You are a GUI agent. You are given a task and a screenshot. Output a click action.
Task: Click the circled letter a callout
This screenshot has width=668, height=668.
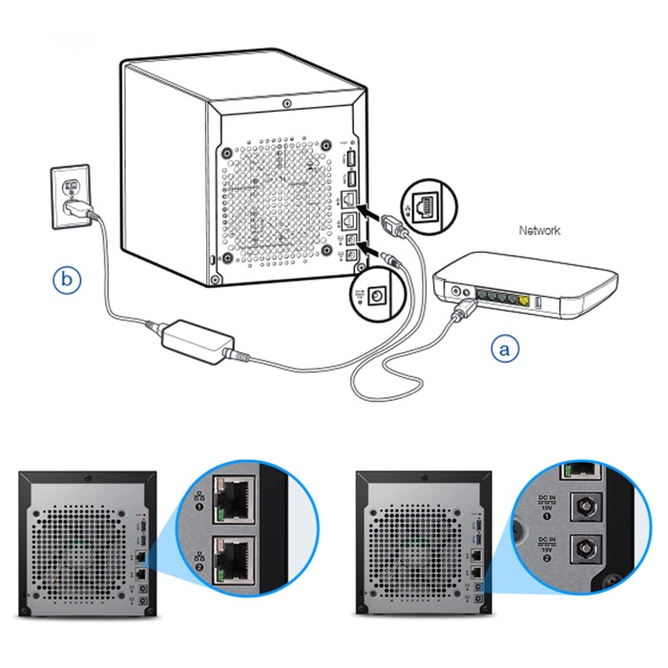coord(506,349)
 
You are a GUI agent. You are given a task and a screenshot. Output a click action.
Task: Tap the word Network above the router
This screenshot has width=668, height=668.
coord(539,231)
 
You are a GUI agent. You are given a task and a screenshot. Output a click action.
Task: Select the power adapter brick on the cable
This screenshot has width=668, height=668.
coord(198,337)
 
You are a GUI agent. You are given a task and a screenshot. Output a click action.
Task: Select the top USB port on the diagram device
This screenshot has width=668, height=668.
coord(348,157)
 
